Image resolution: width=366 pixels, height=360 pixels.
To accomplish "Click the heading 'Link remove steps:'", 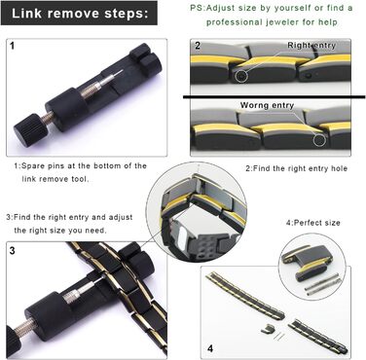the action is (x=80, y=14).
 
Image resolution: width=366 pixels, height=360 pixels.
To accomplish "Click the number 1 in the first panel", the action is (x=13, y=46).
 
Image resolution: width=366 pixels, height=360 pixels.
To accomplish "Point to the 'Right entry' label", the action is (x=311, y=46).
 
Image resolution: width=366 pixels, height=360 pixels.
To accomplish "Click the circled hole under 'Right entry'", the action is (x=240, y=76).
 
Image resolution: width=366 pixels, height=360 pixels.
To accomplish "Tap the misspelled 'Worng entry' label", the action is (x=267, y=105).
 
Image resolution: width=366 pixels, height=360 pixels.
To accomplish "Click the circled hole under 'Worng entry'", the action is (x=319, y=140).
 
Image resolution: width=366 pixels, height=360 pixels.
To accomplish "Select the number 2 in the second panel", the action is (x=198, y=46).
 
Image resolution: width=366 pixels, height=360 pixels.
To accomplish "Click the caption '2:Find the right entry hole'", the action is (x=296, y=168).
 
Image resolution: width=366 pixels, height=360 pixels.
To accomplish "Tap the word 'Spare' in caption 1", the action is (x=33, y=166).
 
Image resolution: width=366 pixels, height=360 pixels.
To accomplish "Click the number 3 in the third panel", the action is (x=12, y=251).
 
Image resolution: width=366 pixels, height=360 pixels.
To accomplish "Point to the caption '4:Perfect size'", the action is (x=312, y=223).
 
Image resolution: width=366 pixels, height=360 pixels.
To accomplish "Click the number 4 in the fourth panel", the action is (x=210, y=348).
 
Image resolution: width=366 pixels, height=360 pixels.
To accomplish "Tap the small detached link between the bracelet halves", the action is (x=266, y=329).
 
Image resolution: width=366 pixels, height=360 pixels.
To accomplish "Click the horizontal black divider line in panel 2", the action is (x=274, y=96).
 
